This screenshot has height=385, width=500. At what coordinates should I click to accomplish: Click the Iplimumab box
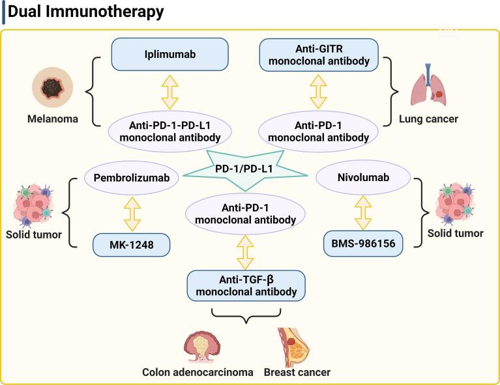(x=169, y=54)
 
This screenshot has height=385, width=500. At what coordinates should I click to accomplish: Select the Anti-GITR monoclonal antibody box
(x=319, y=54)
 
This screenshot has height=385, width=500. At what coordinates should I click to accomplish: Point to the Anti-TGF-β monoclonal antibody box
(x=246, y=286)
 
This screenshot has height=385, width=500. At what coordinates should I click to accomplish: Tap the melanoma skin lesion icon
(x=53, y=87)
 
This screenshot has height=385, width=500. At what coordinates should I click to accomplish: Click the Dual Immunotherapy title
(x=85, y=12)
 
